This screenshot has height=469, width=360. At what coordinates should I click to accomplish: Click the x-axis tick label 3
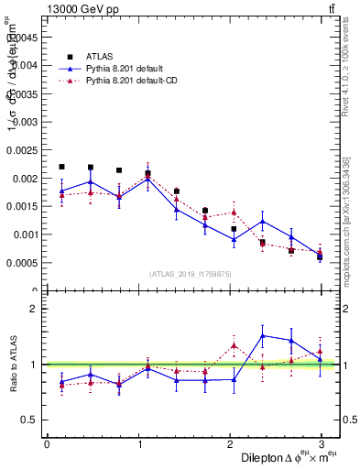(322, 444)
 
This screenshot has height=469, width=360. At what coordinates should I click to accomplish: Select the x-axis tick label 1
(138, 444)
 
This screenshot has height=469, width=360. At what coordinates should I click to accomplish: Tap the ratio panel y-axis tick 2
(33, 309)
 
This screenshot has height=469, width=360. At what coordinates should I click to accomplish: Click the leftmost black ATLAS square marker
(61, 167)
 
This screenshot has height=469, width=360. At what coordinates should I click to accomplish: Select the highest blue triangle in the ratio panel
(263, 336)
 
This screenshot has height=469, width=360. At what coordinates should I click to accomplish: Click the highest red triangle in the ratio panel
(234, 345)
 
